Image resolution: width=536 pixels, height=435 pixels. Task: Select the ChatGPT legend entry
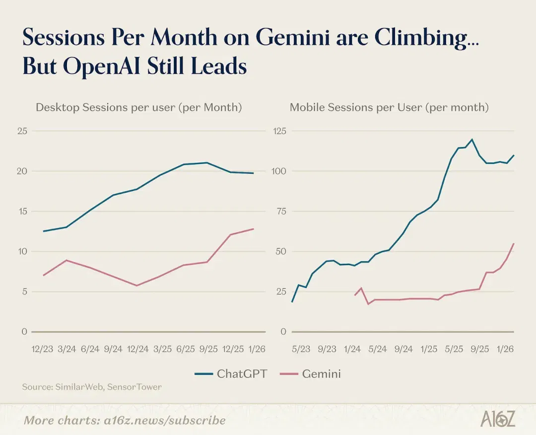click(231, 374)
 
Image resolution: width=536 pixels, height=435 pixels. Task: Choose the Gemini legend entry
click(310, 374)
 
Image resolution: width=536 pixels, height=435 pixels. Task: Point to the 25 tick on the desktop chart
click(22, 131)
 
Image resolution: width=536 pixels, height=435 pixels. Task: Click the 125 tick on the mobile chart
click(279, 131)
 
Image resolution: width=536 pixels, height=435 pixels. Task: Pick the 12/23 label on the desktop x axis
click(42, 349)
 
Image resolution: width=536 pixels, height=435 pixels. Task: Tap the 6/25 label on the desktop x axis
click(185, 349)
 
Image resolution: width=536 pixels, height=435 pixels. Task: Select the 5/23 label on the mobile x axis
click(301, 349)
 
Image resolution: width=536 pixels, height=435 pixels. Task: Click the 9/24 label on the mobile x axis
click(403, 349)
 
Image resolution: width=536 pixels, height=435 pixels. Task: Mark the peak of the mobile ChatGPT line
click(472, 140)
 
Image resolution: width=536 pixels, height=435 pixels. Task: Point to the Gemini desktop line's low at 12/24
click(137, 286)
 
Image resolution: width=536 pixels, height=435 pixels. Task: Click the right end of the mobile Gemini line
click(514, 243)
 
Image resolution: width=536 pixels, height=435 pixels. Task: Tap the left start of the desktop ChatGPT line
click(43, 231)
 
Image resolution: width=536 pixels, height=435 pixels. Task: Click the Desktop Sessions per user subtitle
click(139, 107)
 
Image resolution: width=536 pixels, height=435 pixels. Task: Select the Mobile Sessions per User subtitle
click(389, 107)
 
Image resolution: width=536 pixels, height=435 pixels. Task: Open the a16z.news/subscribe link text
click(165, 420)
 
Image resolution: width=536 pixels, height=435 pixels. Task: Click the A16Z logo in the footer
click(498, 419)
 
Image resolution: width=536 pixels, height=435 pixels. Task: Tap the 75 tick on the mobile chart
click(281, 212)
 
